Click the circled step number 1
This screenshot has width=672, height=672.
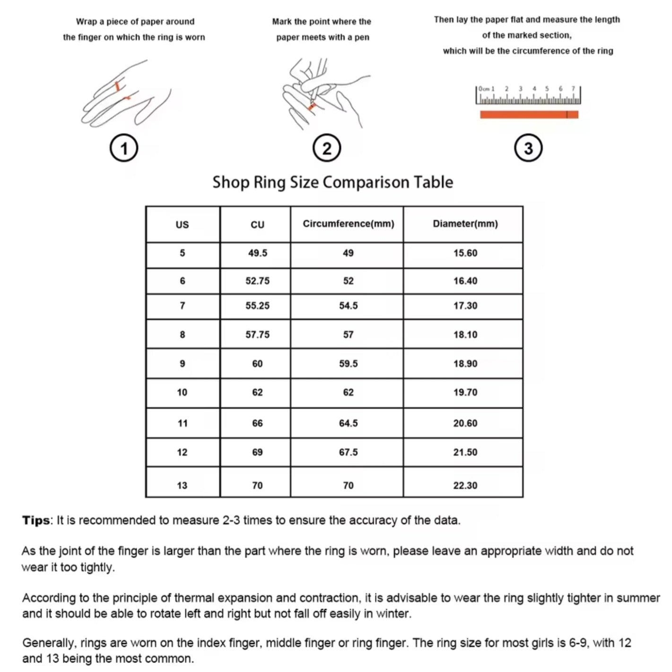124,148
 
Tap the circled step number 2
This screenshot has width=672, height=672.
327,148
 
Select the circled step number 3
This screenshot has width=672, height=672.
528,148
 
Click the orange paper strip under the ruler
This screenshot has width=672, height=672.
529,114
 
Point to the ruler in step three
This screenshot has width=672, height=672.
528,95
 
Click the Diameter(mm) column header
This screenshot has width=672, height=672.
465,224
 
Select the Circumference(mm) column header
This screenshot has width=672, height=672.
348,224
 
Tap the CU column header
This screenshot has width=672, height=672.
257,225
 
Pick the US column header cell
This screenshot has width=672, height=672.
182,225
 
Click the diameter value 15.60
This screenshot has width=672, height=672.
465,253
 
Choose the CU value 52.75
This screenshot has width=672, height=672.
257,281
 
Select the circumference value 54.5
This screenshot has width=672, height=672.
348,306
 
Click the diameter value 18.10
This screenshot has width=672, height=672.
465,335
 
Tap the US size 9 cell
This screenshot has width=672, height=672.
182,364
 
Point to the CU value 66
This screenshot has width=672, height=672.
257,423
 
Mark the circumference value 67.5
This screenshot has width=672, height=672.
348,453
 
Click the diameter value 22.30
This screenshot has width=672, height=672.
465,486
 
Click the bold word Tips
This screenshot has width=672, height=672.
35,521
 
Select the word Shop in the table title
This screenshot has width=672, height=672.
230,183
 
